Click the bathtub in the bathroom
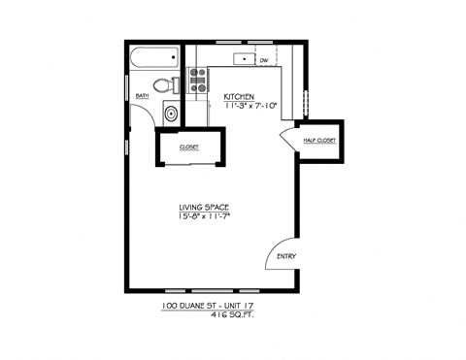[x=154, y=57]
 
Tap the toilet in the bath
[x=166, y=85]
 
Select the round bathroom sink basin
[x=171, y=114]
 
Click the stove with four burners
[x=198, y=80]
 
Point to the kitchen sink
[x=244, y=59]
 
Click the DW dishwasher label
[x=264, y=60]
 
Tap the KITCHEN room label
[x=239, y=96]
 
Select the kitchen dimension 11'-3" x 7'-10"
[x=251, y=106]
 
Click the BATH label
[x=142, y=96]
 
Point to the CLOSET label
[x=189, y=147]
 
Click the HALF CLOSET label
[x=319, y=141]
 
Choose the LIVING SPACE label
[x=204, y=208]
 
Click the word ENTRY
[x=286, y=256]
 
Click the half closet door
[x=287, y=140]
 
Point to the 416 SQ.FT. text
[x=232, y=314]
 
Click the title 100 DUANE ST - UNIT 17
[x=208, y=306]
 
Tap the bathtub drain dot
[x=174, y=57]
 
